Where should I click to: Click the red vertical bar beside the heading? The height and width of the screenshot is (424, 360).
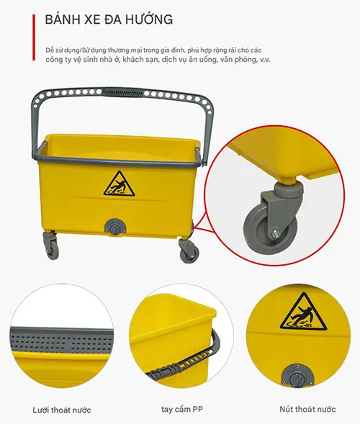tap(34, 37)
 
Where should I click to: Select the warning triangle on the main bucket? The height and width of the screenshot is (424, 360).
tap(119, 184)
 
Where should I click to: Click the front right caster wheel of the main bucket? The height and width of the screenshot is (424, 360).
tap(189, 255)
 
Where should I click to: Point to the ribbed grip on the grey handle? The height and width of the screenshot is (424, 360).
tap(122, 92)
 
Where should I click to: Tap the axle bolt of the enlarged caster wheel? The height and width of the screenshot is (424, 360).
tap(275, 234)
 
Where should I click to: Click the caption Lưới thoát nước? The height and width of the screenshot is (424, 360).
tap(62, 410)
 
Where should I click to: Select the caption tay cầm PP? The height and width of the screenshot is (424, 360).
tap(181, 410)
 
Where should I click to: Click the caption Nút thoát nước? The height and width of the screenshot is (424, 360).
tap(307, 409)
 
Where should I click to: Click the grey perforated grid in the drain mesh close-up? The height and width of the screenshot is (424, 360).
tap(61, 340)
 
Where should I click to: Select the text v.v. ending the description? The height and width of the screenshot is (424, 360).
tap(265, 60)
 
